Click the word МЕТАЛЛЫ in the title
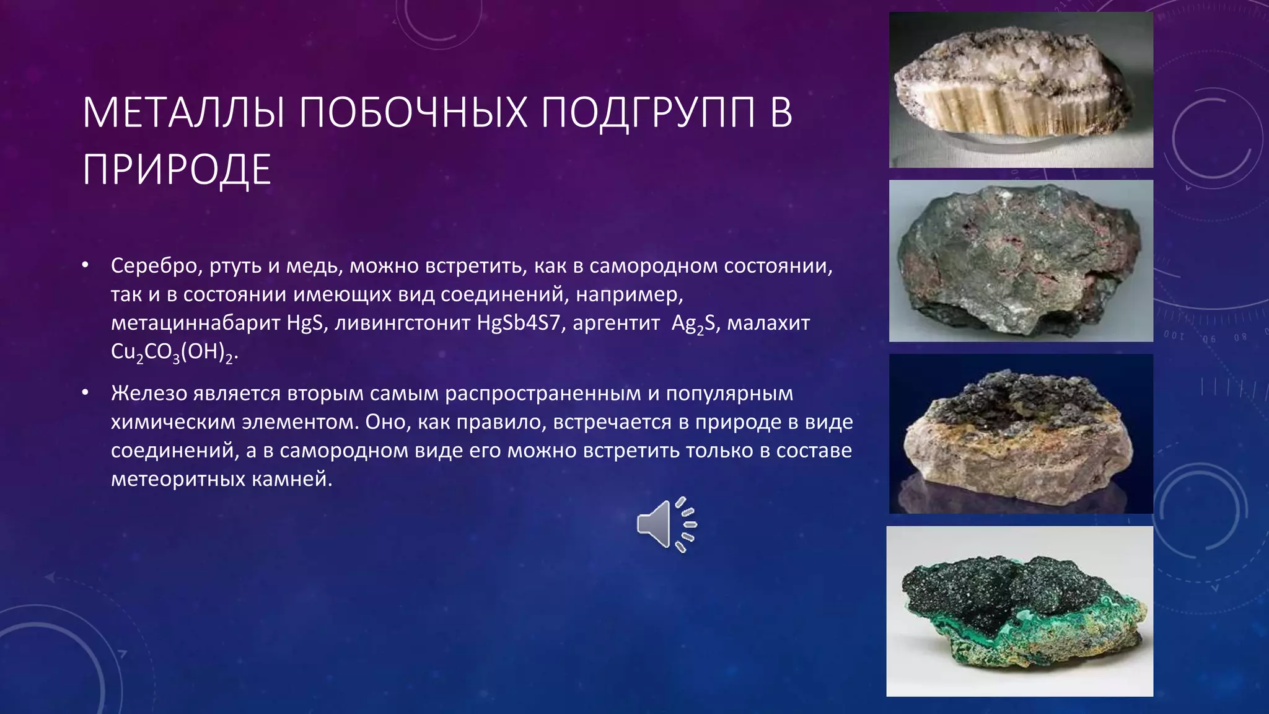(x=183, y=113)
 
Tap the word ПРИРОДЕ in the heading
(x=177, y=170)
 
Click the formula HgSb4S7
(x=518, y=323)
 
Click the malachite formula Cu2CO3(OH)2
(x=173, y=352)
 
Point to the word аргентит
(x=616, y=323)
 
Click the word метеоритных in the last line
(x=178, y=479)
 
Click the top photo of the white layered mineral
(x=1021, y=90)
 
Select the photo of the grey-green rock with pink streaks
(x=1021, y=261)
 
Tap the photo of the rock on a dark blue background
(x=1021, y=433)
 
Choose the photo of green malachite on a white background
(x=1019, y=611)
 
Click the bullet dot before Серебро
(x=86, y=266)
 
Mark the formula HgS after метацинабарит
(x=305, y=323)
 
